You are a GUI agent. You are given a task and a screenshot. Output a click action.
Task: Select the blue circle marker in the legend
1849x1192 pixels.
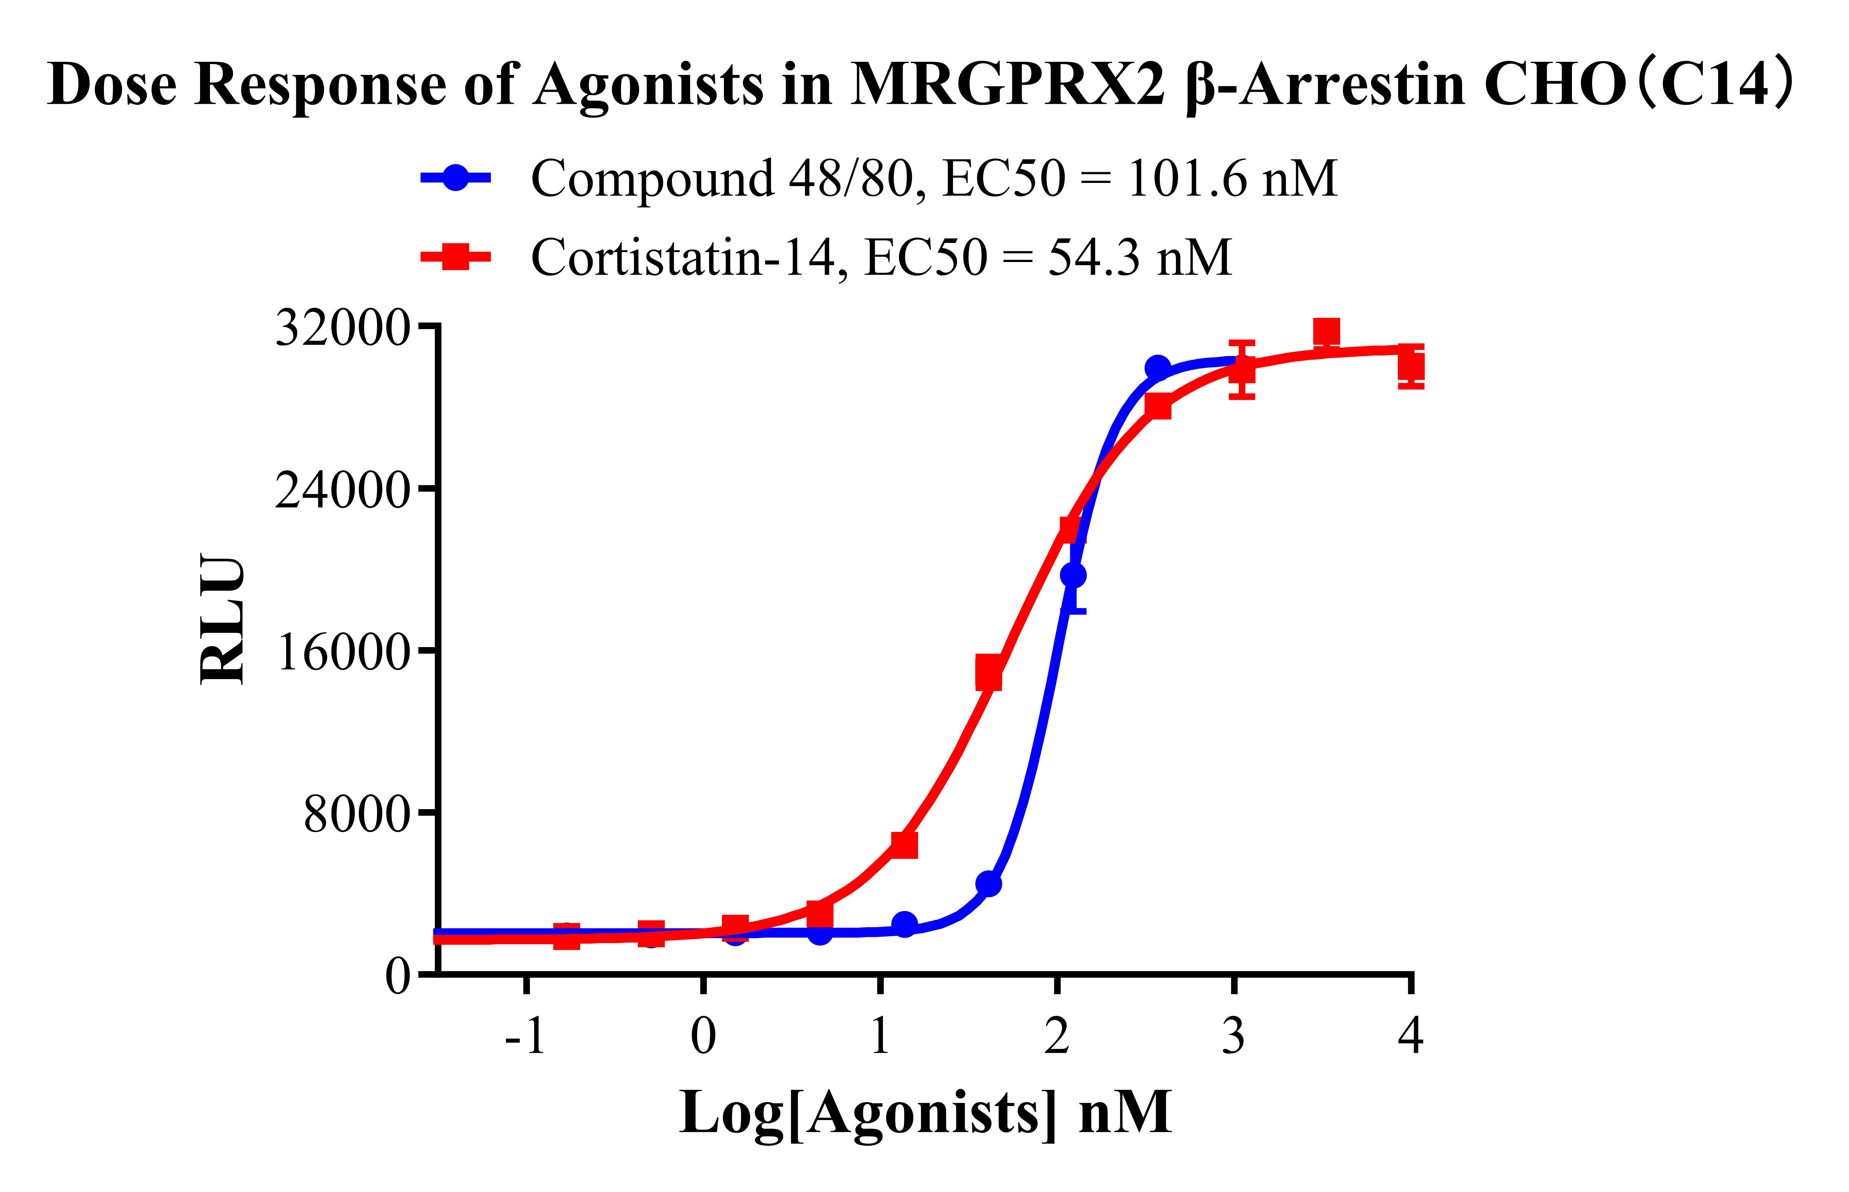pos(456,178)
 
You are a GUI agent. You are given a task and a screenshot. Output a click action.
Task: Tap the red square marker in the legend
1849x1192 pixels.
pos(456,257)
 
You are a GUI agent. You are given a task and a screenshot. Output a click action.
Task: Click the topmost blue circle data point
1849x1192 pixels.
pos(1158,368)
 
